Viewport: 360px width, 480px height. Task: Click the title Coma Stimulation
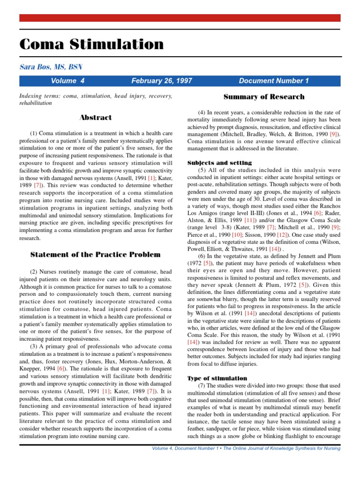click(x=91, y=45)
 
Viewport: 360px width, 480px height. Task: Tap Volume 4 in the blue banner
click(x=67, y=81)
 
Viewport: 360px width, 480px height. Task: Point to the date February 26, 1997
click(x=162, y=81)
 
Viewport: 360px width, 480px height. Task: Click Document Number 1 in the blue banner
click(x=274, y=81)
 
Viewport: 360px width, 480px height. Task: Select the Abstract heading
click(x=96, y=117)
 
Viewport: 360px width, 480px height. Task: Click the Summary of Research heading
click(x=264, y=97)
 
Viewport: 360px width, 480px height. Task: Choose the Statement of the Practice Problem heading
click(x=96, y=255)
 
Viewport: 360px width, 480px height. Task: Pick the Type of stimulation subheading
click(x=217, y=378)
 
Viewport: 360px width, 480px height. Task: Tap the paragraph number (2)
click(x=34, y=272)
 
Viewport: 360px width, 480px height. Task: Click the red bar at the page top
click(x=180, y=18)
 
